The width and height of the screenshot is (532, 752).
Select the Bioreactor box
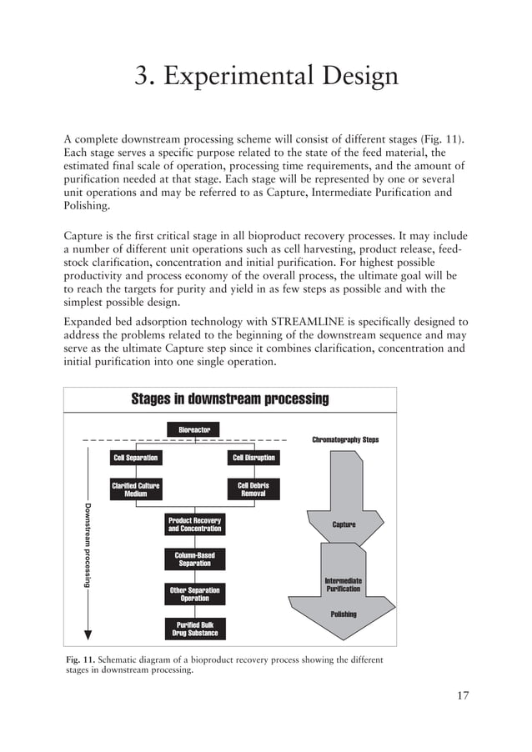(194, 430)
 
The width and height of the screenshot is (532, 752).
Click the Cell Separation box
(136, 458)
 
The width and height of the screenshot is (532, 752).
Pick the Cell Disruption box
(253, 458)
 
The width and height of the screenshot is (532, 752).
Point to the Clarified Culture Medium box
(136, 489)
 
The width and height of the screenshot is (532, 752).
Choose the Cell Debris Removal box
(253, 489)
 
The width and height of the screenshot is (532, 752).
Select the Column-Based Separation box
(194, 559)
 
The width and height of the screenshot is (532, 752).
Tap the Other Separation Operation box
(194, 594)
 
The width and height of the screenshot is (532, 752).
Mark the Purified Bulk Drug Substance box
(194, 629)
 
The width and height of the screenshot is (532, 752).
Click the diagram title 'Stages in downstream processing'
(230, 399)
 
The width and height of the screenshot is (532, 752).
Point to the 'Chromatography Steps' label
(344, 439)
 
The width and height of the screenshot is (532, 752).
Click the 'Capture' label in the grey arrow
(344, 524)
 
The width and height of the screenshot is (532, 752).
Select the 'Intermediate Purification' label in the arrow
(343, 584)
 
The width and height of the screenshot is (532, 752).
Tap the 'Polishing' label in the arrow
(343, 614)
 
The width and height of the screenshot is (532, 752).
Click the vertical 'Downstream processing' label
(87, 542)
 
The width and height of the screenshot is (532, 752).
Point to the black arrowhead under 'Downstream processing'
(87, 634)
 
